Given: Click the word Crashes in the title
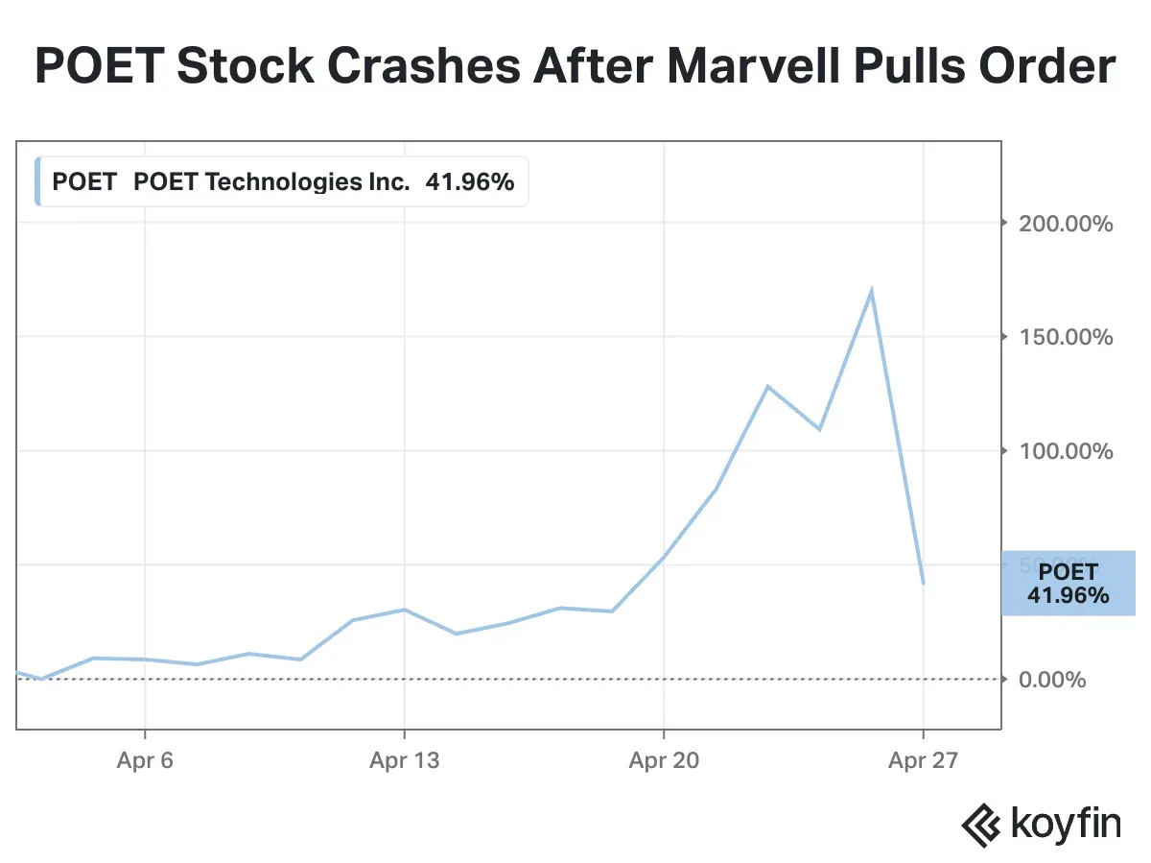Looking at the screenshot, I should click(397, 67).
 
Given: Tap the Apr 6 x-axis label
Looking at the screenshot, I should click(145, 761).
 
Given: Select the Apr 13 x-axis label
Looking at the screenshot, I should click(404, 761).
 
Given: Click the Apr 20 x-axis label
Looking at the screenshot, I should click(664, 761).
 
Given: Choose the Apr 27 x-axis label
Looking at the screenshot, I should click(923, 761).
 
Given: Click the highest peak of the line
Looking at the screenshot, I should click(871, 291).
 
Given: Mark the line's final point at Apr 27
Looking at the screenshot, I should click(923, 583).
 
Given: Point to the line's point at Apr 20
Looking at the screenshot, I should click(664, 557).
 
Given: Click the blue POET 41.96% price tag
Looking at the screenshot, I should click(1068, 584).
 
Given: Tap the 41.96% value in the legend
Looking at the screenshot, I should click(470, 181).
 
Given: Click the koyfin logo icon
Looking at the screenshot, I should click(982, 823).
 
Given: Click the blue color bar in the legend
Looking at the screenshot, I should click(37, 181).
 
